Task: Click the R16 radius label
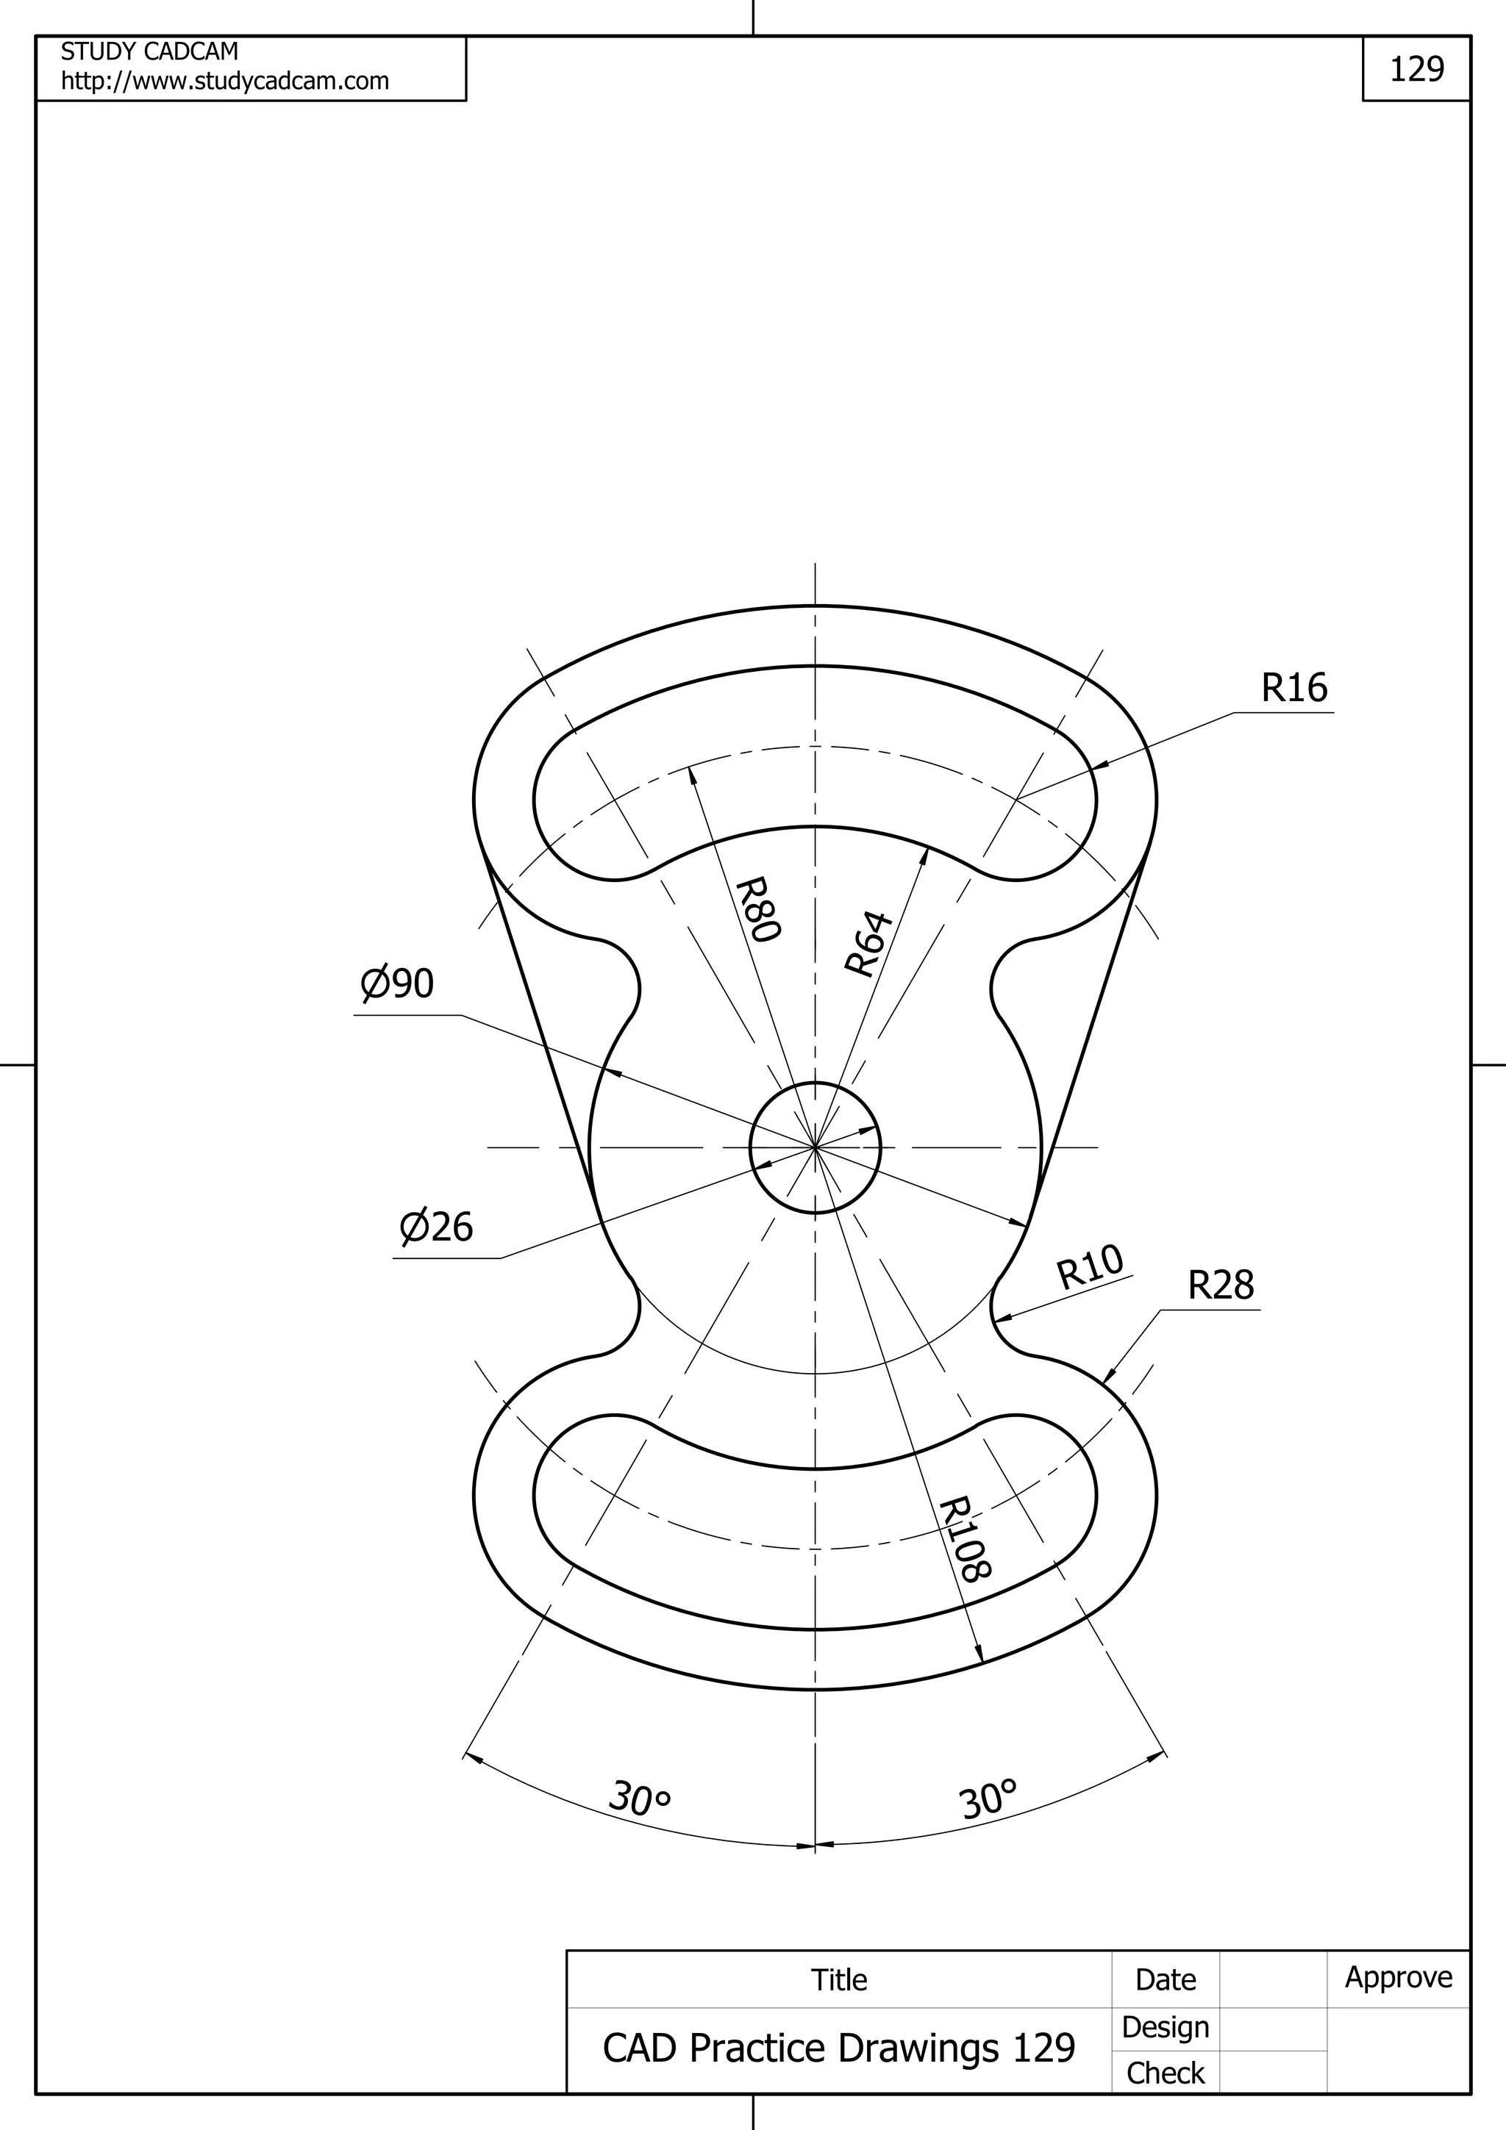click(1293, 687)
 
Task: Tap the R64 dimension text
click(868, 944)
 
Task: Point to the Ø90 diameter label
click(397, 983)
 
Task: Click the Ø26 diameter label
click(436, 1227)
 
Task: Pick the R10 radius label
click(1091, 1266)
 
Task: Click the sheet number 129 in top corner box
click(1416, 68)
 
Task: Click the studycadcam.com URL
click(224, 82)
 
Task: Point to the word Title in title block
click(839, 1980)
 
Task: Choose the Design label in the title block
click(1165, 2027)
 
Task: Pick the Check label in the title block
click(1165, 2073)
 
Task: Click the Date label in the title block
click(1165, 1980)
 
